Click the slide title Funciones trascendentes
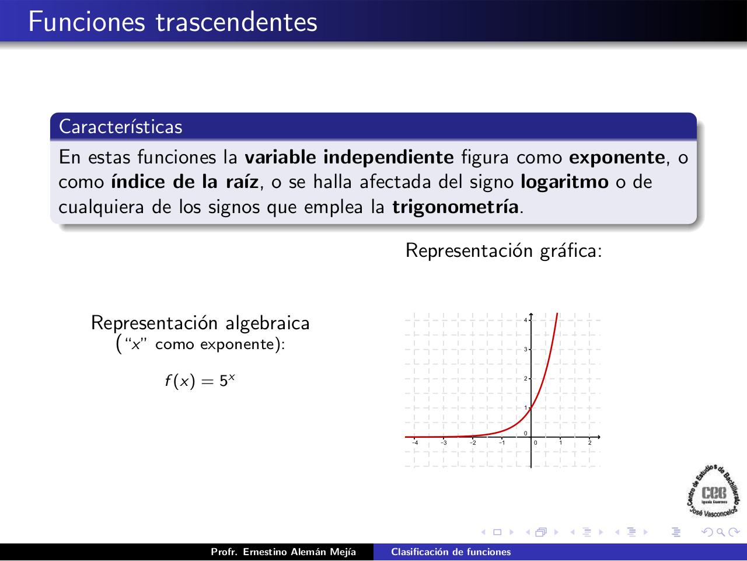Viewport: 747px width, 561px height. pos(173,22)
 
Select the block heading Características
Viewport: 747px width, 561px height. pos(121,127)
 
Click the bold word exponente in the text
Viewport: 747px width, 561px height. pos(617,158)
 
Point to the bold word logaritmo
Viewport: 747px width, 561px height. pos(564,182)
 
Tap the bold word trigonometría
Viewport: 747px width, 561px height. pos(455,207)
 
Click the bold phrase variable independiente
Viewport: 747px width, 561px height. pos(349,158)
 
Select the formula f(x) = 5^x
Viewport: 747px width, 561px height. pos(200,381)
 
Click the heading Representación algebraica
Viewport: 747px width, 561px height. pos(200,323)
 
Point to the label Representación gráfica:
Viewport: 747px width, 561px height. pos(503,250)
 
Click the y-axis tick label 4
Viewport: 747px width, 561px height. pos(525,320)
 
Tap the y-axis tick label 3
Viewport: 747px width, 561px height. pos(525,350)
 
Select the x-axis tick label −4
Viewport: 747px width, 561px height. pos(414,442)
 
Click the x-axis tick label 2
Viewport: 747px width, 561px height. pos(589,442)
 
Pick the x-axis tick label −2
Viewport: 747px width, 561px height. pos(473,442)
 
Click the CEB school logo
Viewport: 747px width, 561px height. pos(714,492)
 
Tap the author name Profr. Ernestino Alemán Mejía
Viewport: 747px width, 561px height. pos(283,552)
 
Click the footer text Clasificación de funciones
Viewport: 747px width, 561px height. pos(451,552)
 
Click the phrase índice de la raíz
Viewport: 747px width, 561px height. pos(184,182)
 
